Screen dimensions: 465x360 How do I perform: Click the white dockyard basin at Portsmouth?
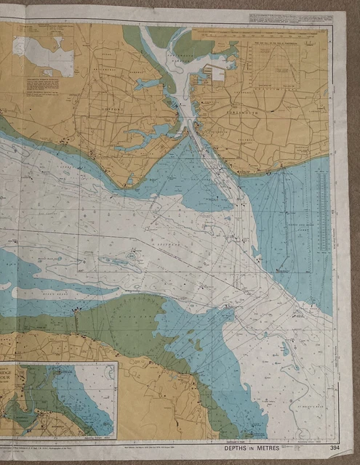[216, 73]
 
